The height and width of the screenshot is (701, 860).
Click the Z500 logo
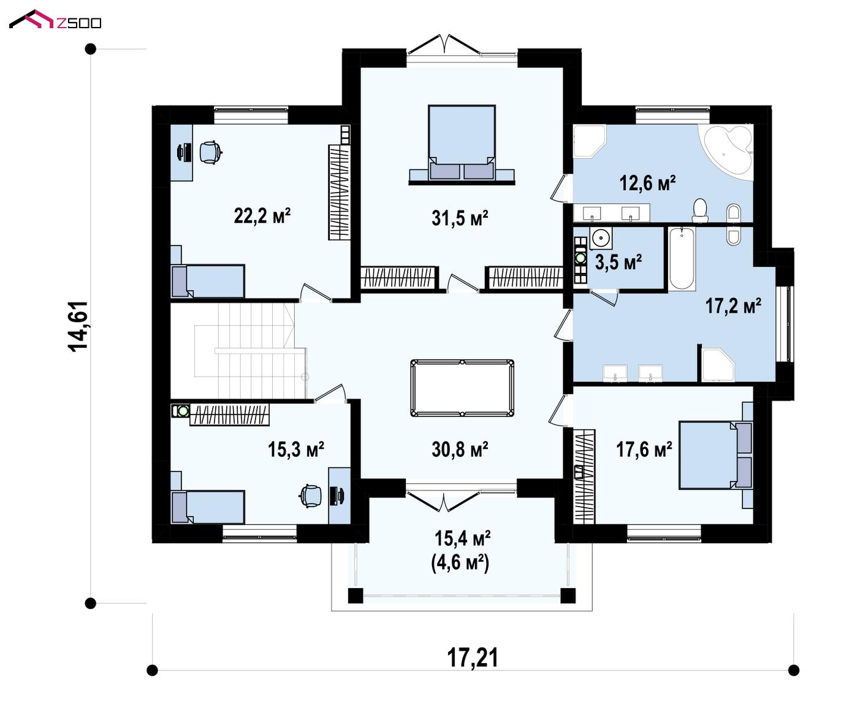55,20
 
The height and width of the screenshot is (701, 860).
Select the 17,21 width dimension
472,657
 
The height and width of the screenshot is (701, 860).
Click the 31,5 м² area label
460,218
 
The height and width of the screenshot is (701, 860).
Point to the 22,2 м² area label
262,215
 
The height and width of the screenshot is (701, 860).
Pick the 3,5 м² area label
618,262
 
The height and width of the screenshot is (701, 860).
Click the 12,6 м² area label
648,183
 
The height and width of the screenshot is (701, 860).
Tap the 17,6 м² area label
644,449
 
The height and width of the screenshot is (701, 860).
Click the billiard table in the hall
462,388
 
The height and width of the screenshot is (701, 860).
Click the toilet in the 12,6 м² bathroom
700,210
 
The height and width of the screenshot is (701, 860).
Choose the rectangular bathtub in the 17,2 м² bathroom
682,259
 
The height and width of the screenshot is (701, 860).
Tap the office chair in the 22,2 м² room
211,152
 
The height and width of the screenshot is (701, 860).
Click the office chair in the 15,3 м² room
311,496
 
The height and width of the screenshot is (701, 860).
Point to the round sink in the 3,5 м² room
601,238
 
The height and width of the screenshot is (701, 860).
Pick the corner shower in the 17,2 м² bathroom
718,365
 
